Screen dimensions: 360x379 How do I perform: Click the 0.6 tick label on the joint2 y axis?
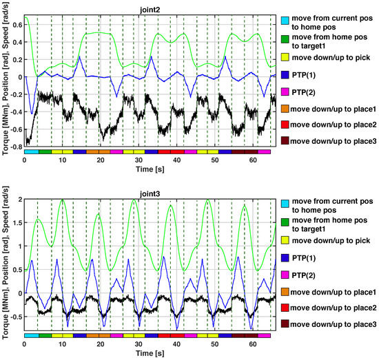pyautogui.click(x=15, y=25)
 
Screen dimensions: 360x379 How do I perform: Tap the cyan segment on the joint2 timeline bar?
pyautogui.click(x=31, y=151)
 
